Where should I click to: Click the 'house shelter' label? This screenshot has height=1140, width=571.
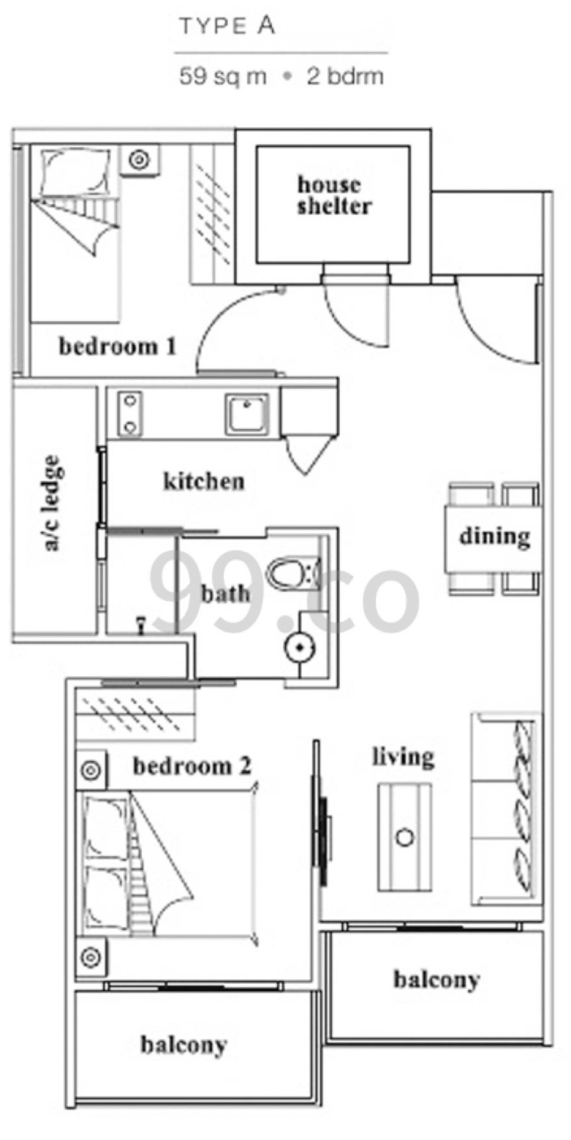coord(333,196)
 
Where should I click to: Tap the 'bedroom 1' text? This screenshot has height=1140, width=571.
coord(118,347)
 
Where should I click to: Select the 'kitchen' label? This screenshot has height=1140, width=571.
coord(203,480)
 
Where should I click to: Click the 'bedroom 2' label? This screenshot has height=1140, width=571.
coord(192,766)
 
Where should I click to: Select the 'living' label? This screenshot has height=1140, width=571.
coord(403,757)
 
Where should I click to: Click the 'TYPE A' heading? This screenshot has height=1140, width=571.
coord(228,26)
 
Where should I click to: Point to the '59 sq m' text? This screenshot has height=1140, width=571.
coord(223,77)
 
